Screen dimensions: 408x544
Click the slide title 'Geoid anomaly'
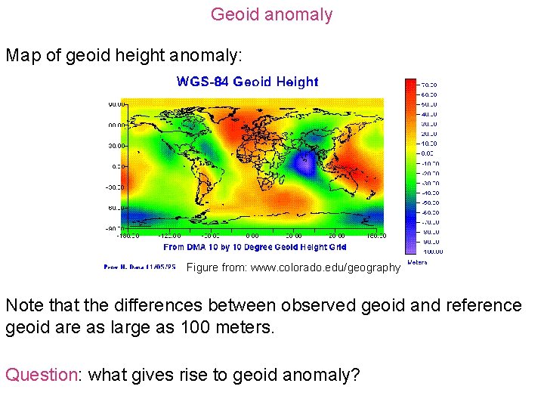coord(271,14)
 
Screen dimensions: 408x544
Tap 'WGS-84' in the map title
coord(202,82)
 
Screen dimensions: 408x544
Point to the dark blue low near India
coord(305,160)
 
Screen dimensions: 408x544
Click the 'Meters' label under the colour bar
coord(417,262)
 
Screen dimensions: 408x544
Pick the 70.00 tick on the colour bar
coord(429,84)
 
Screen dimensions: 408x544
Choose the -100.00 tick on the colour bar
coord(431,252)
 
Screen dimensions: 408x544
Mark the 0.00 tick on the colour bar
coord(428,153)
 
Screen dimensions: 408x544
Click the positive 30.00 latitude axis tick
coord(116,145)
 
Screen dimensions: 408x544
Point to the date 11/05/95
coord(162,267)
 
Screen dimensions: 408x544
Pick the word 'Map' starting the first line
coord(23,56)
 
